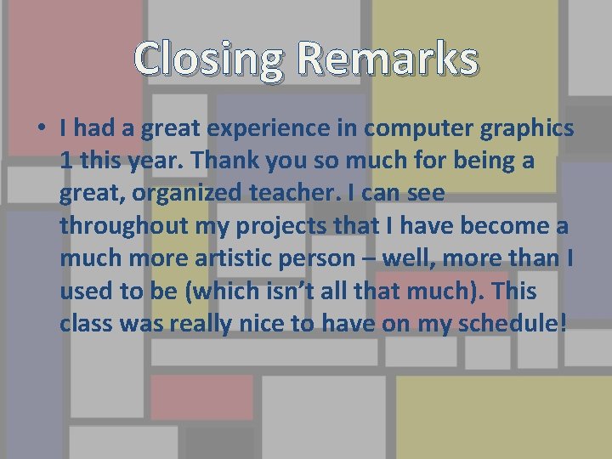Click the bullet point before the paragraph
[40, 129]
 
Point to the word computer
[422, 129]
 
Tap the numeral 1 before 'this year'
[66, 161]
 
